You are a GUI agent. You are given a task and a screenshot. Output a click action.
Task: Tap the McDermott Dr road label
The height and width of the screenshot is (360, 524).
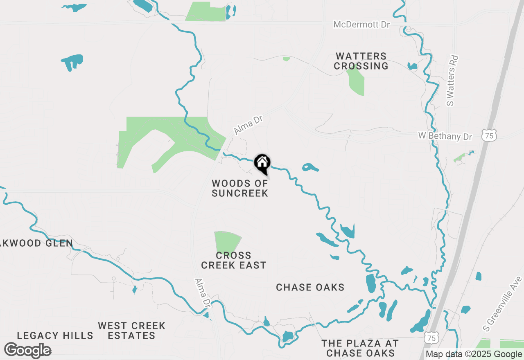[362, 25]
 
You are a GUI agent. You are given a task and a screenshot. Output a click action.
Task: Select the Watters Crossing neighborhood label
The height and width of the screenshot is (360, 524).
[361, 61]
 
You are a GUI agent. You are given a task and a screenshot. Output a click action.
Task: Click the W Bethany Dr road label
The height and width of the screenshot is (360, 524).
[445, 136]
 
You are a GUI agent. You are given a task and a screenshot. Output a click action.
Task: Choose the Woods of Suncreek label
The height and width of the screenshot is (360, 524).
[240, 188]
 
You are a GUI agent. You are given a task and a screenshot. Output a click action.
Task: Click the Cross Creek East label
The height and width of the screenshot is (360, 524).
[234, 260]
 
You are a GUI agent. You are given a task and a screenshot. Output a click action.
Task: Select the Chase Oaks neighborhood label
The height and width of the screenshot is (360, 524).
[310, 288]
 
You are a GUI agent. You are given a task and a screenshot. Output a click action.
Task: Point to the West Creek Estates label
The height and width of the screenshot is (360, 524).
[132, 331]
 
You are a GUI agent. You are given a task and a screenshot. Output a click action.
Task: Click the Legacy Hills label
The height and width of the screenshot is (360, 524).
[55, 336]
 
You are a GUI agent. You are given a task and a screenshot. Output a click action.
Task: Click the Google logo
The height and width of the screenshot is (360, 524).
[28, 351]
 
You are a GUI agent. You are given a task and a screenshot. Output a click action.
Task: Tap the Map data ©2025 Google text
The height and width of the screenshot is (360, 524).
[474, 354]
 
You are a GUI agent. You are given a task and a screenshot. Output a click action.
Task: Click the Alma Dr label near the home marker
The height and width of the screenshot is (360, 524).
[248, 124]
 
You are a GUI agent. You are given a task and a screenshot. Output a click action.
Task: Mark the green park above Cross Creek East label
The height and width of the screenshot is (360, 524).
[226, 242]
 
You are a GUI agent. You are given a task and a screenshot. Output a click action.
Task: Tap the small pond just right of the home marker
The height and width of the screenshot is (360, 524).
[310, 167]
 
